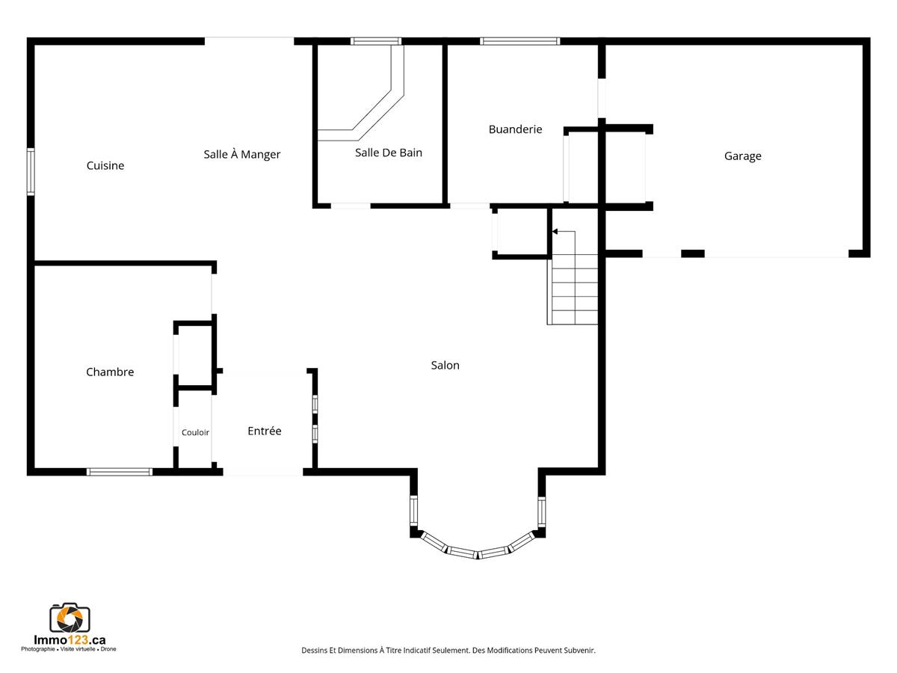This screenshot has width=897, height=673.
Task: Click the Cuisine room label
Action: click(x=105, y=165)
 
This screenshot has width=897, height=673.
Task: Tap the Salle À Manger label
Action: click(x=242, y=154)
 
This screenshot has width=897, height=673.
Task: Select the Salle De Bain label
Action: click(x=388, y=153)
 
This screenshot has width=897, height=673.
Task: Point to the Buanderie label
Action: click(x=515, y=129)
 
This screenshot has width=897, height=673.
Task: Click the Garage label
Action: click(x=742, y=156)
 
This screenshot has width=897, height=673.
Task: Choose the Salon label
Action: click(x=445, y=366)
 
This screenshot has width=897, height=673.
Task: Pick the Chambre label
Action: click(x=110, y=372)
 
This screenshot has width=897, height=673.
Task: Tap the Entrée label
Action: click(x=265, y=431)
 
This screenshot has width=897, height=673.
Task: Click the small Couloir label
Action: click(x=195, y=432)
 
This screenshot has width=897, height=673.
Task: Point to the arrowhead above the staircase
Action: click(x=555, y=232)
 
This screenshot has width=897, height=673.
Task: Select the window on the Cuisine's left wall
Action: click(x=31, y=172)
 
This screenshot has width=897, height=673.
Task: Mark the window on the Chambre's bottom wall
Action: click(x=120, y=472)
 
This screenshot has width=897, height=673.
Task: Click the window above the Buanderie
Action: click(x=520, y=41)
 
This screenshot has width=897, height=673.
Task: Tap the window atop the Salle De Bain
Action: click(x=376, y=41)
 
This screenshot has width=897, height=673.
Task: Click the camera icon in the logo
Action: click(x=70, y=618)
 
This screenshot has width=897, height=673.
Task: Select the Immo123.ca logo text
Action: click(x=70, y=640)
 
